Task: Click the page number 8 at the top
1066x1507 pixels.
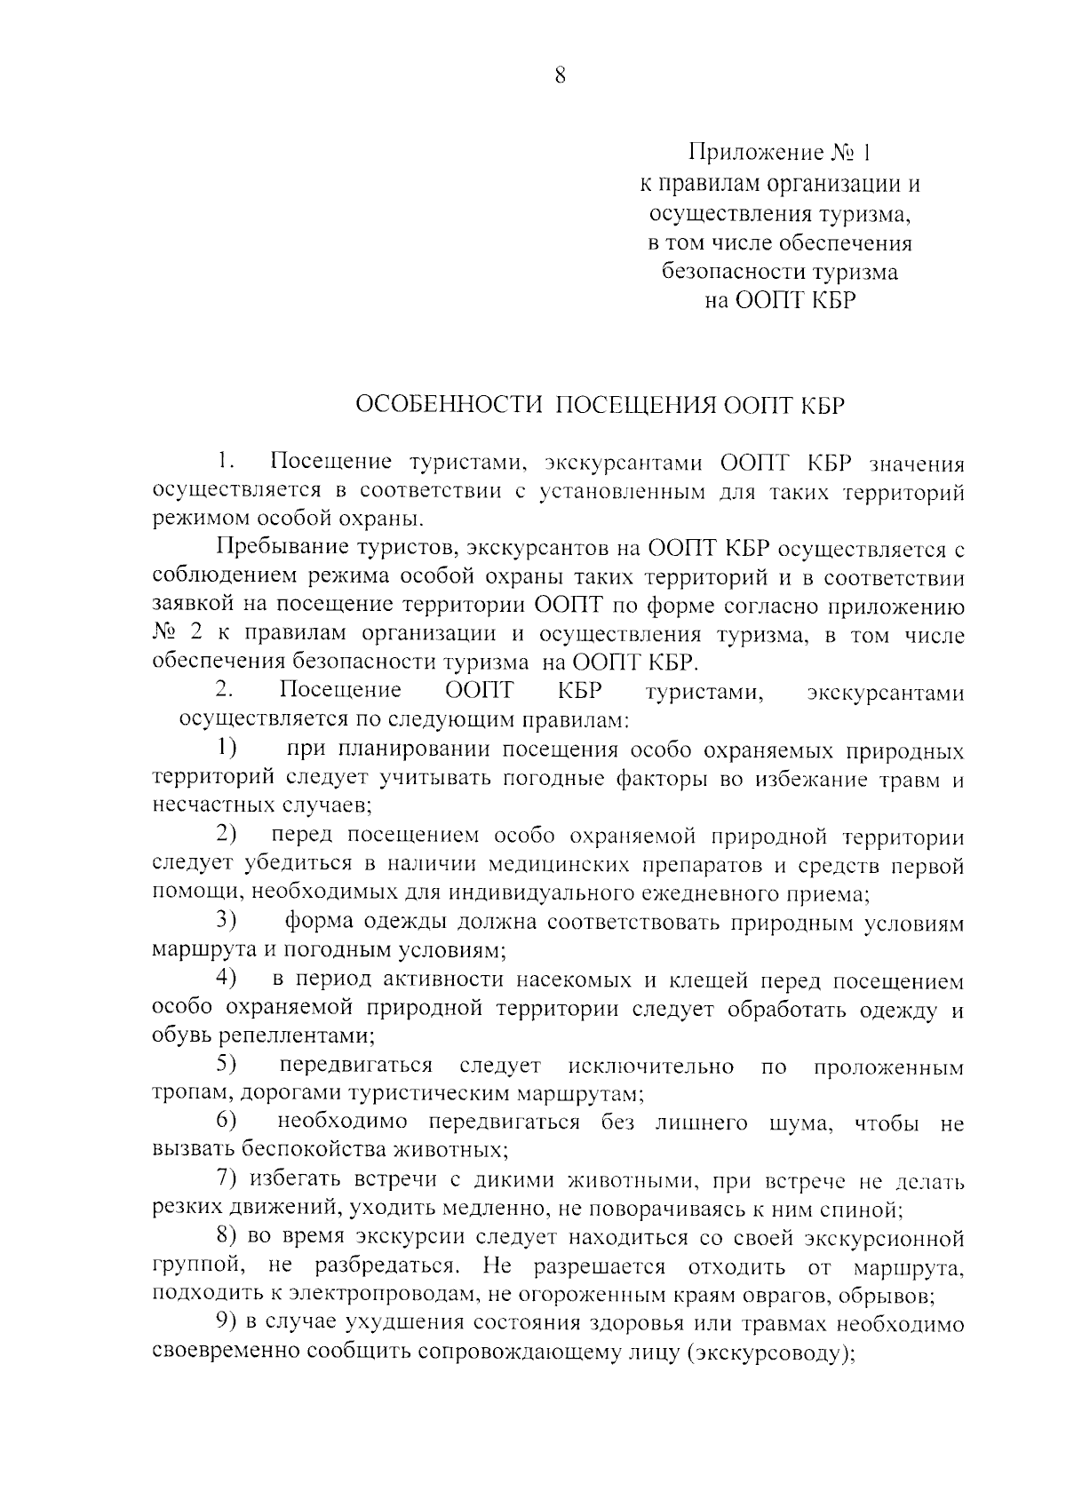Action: [x=559, y=76]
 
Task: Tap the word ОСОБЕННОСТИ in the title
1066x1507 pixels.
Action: [x=449, y=406]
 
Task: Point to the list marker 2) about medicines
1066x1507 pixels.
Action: [x=227, y=834]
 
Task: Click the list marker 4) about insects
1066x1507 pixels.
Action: [x=227, y=979]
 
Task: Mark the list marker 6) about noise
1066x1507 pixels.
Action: [x=227, y=1122]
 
